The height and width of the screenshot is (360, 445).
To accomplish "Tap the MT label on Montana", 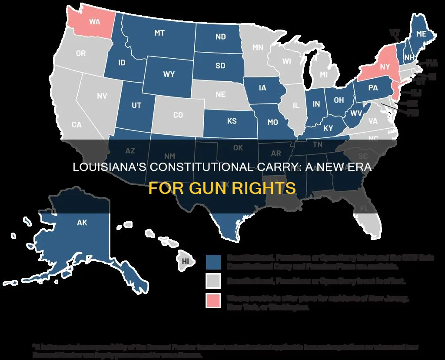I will click(x=159, y=33).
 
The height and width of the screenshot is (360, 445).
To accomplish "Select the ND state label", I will click(x=220, y=37).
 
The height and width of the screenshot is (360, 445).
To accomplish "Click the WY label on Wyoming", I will click(x=169, y=74).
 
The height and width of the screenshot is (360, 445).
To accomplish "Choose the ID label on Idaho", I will click(x=122, y=63).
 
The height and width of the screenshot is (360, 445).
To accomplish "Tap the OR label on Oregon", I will click(x=81, y=54).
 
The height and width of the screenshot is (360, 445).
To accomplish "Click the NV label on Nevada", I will click(x=102, y=96).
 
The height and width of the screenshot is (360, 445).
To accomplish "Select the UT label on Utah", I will click(x=136, y=105).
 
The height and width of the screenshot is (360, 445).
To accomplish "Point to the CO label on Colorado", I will click(x=178, y=115).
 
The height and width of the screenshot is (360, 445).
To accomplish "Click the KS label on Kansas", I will click(x=232, y=121).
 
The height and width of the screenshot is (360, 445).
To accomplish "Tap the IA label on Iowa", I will click(x=262, y=88).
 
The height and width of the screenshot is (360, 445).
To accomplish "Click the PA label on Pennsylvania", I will click(x=373, y=88).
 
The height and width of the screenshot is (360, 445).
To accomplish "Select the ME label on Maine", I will click(x=421, y=33).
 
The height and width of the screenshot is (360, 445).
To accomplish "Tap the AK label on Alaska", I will click(x=82, y=223).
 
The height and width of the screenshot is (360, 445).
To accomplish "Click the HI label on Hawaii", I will click(x=186, y=261).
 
